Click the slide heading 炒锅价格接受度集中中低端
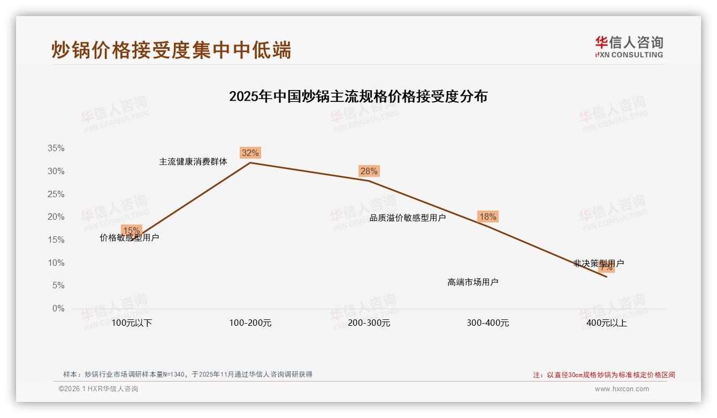point(171,50)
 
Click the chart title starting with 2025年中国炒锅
point(358,96)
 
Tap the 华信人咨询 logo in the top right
point(629,47)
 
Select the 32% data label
point(250,153)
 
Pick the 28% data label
point(369,171)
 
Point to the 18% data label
point(487,217)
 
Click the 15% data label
point(131,230)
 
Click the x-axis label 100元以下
point(132,323)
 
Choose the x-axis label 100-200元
point(250,323)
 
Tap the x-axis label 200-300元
point(369,323)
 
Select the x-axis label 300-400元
point(487,323)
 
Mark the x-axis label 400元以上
point(606,323)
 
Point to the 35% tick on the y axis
point(56,148)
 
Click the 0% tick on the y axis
point(58,309)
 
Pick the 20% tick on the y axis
point(56,217)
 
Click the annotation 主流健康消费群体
point(193,161)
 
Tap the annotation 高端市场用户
point(472,282)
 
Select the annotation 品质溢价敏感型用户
point(407,218)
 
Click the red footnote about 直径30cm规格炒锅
point(604,375)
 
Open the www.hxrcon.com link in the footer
point(621,389)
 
